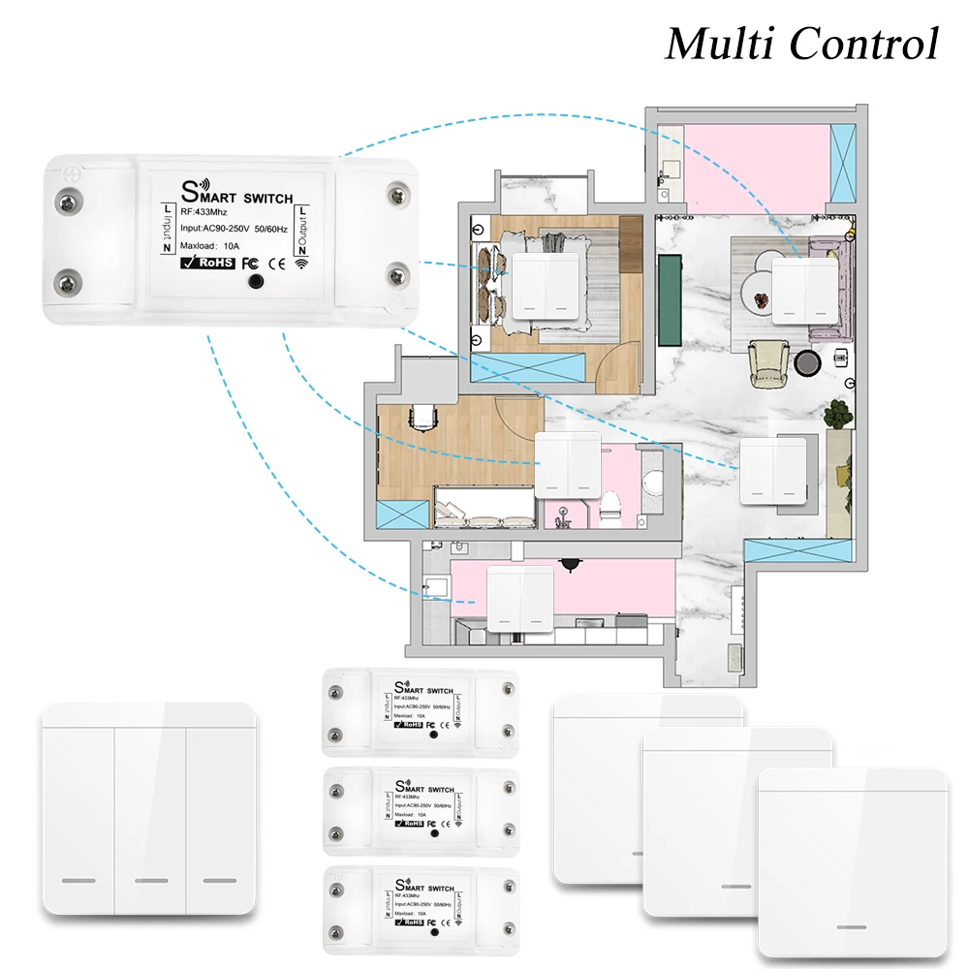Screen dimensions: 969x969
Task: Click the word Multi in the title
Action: tap(718, 44)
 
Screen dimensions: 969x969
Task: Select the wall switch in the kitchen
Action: tap(519, 599)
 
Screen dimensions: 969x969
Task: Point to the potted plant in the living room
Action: tap(836, 415)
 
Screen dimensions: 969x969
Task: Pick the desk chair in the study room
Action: tap(422, 417)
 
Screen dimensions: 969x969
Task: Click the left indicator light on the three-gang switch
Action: tap(78, 881)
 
